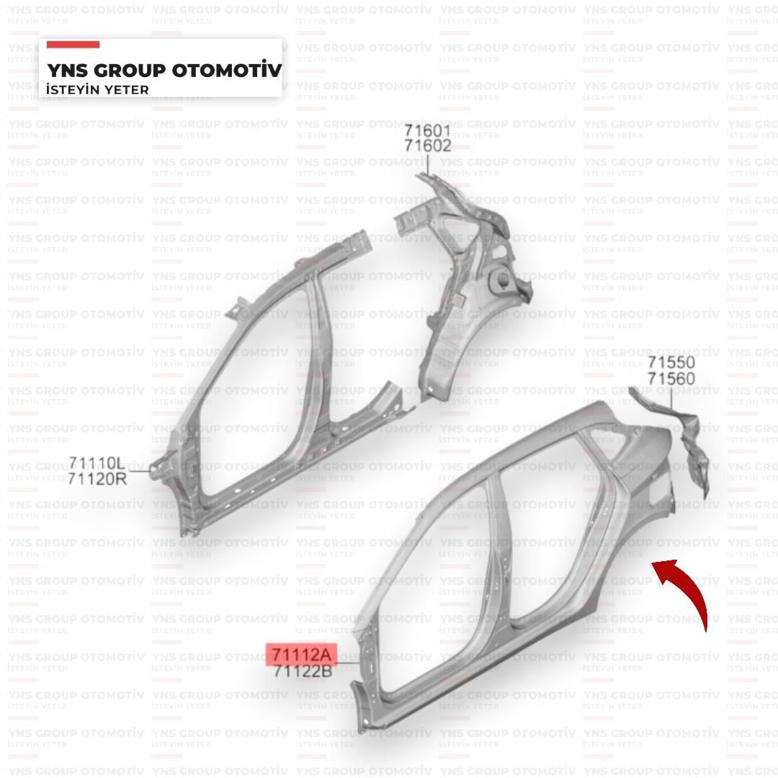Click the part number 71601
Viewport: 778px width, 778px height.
click(427, 131)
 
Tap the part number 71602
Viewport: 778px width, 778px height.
click(428, 146)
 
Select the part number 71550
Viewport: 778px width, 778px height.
click(671, 362)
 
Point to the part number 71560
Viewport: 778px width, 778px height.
click(671, 379)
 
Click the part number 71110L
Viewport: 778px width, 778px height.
click(97, 463)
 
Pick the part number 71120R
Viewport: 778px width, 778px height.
click(97, 479)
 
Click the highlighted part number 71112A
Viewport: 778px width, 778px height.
click(302, 655)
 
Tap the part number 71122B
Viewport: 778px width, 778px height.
click(302, 671)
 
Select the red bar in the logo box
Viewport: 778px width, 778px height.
click(73, 45)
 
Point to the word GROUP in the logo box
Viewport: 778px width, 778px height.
click(130, 71)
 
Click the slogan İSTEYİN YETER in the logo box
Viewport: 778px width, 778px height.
click(97, 90)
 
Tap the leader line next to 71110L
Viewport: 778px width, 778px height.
click(139, 470)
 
